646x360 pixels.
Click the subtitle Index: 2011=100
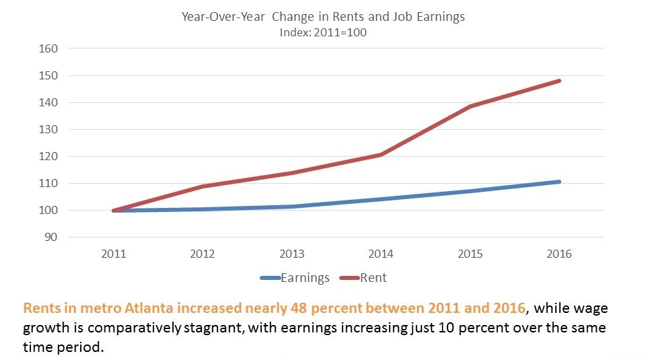323,32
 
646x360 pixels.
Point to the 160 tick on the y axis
50,48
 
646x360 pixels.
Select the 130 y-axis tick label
50,129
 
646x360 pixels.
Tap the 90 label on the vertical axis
53,237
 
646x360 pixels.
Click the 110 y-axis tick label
50,183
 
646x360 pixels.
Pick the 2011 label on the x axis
113,254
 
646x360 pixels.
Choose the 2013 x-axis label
292,254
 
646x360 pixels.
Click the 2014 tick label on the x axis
381,254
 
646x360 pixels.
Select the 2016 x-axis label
559,254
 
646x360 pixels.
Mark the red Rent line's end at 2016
559,81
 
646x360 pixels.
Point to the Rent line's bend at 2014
381,155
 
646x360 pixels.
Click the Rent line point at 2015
470,106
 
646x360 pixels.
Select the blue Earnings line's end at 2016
559,182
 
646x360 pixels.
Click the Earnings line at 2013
292,207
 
